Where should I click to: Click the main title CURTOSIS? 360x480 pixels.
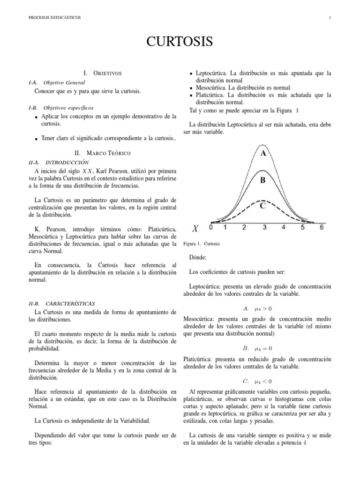180,42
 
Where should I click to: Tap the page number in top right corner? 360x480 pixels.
330,18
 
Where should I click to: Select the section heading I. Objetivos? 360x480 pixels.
102,73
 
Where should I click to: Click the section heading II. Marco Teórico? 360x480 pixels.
103,153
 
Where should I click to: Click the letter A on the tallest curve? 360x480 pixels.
263,153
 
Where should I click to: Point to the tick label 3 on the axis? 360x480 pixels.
264,227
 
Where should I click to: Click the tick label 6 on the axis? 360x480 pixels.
321,227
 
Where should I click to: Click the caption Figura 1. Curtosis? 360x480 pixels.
202,244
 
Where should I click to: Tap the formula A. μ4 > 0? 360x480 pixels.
257,309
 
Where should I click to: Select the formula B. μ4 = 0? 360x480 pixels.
257,349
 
